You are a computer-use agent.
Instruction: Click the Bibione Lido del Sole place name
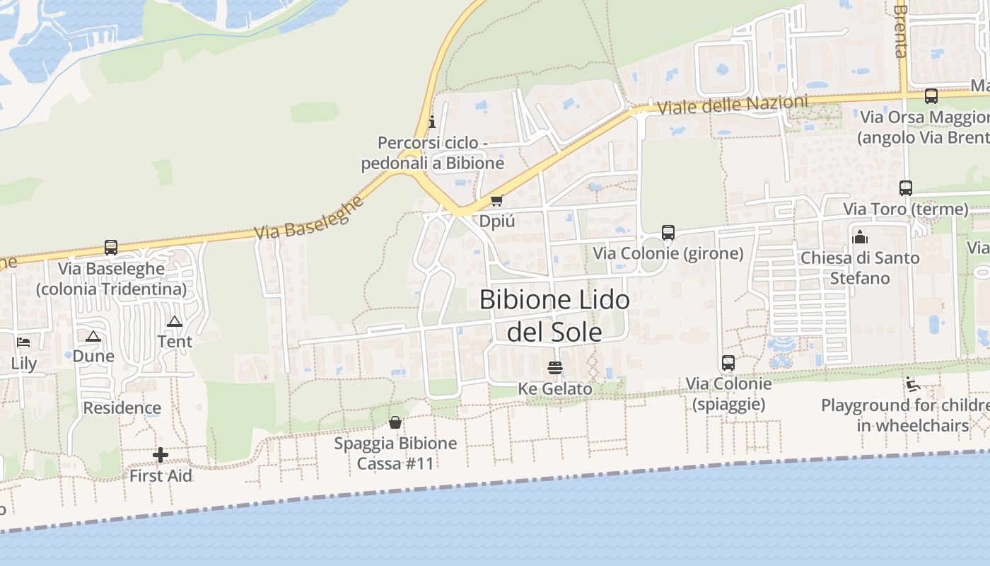[554, 316]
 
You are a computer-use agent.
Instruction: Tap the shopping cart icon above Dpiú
[497, 201]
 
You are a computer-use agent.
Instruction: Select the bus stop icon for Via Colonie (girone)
[668, 232]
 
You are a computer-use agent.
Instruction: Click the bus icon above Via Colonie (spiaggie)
[728, 363]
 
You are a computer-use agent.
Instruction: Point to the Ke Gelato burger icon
[555, 368]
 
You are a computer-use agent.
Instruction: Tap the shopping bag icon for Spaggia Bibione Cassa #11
[395, 422]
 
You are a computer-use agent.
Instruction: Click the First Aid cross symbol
[161, 455]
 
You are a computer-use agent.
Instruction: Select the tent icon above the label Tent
[175, 321]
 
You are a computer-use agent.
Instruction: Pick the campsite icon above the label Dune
[93, 335]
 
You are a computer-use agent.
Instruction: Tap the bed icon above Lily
[24, 342]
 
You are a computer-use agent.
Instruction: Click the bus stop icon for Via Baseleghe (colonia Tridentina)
[111, 248]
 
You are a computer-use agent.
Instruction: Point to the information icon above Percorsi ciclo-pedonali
[432, 122]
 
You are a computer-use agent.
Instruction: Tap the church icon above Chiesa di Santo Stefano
[860, 237]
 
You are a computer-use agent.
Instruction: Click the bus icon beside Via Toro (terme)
[906, 188]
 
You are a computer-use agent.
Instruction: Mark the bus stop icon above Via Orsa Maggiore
[931, 96]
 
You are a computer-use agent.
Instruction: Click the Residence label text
[122, 408]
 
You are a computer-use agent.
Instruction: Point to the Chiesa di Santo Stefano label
[860, 267]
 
